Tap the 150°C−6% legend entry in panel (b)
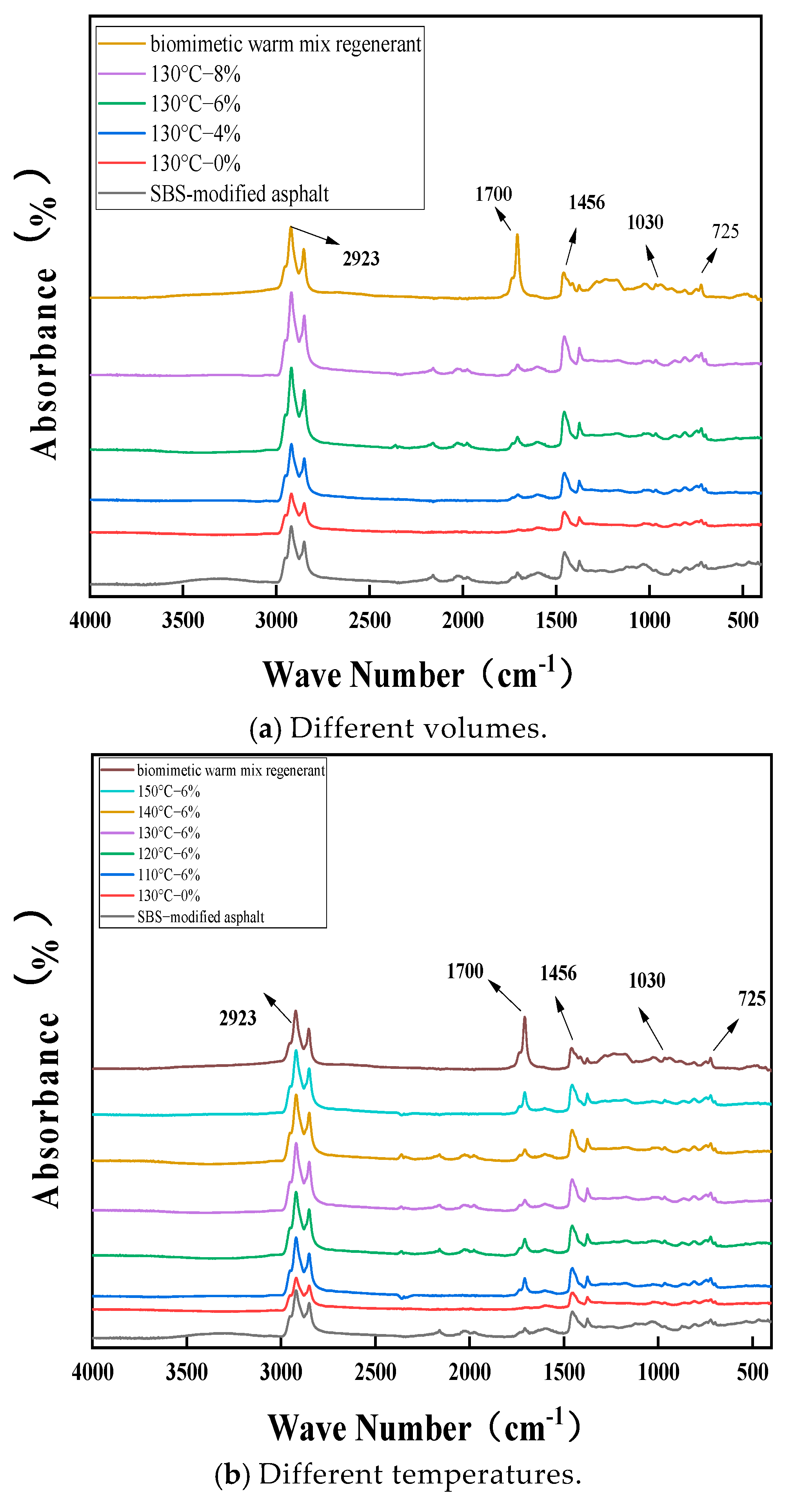point(169,792)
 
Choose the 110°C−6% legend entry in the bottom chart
point(169,875)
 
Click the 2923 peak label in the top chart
point(361,259)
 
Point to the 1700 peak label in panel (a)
point(494,194)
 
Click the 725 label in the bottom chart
point(752,999)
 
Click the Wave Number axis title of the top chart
point(417,675)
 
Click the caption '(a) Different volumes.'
point(398,728)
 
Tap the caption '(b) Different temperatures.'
point(398,1474)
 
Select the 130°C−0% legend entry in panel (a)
point(195,164)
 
